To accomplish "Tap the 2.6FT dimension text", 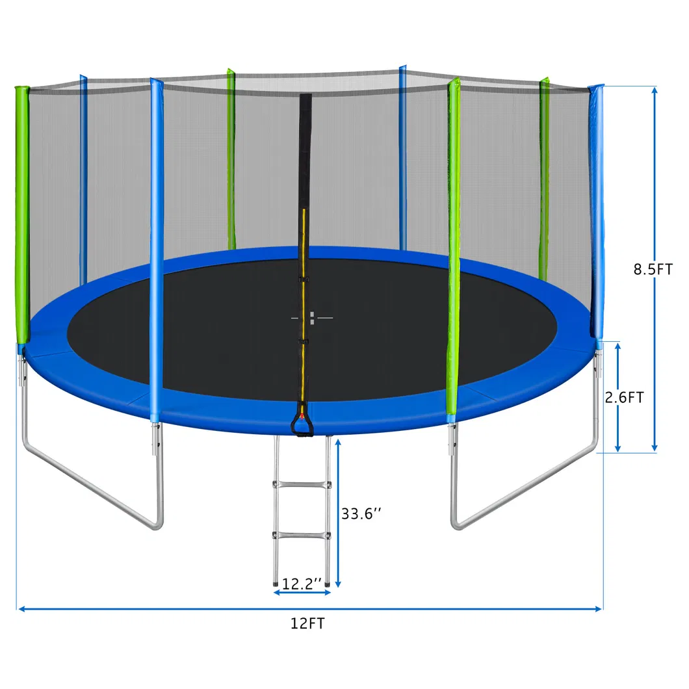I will pyautogui.click(x=624, y=398).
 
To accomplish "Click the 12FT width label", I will pyautogui.click(x=307, y=624).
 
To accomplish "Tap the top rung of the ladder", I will pyautogui.click(x=302, y=484).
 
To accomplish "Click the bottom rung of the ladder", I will pyautogui.click(x=302, y=535).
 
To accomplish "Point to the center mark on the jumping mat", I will pyautogui.click(x=312, y=318).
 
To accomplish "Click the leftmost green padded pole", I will pyautogui.click(x=23, y=214).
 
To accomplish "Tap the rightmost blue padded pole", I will pyautogui.click(x=596, y=208).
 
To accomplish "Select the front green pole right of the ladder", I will pyautogui.click(x=454, y=247).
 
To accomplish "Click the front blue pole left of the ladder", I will pyautogui.click(x=155, y=247).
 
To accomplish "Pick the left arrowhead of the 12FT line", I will pyautogui.click(x=21, y=609).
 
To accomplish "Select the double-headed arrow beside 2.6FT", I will pyautogui.click(x=617, y=396).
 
